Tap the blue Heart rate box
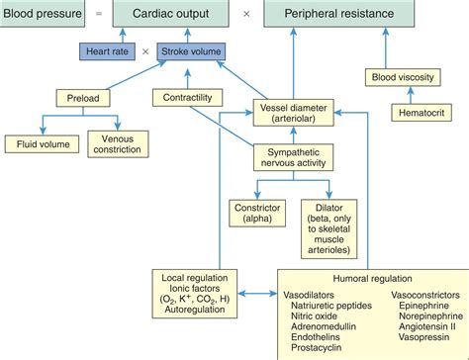coord(106,50)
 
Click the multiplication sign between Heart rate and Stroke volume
coord(145,50)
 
